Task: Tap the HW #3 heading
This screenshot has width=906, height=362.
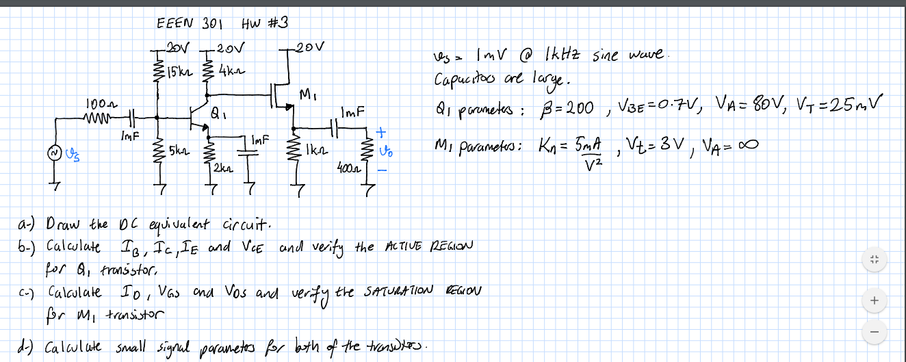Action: [264, 23]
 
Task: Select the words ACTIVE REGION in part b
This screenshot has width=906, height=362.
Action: [430, 245]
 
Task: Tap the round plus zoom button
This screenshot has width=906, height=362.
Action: [874, 300]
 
